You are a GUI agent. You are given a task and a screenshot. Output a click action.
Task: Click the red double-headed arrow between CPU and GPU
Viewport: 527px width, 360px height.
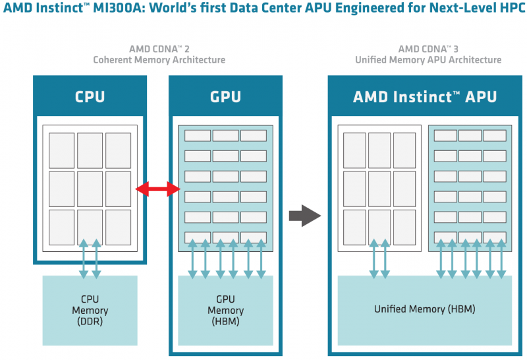point(158,190)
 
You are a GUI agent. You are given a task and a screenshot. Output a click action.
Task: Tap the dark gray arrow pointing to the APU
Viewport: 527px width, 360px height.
point(304,215)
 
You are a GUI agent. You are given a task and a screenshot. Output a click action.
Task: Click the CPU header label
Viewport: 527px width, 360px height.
point(90,97)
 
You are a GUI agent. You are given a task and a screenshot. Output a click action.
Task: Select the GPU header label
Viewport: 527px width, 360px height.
point(225,97)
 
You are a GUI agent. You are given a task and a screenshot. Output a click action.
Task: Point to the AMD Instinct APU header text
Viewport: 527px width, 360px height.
point(425,97)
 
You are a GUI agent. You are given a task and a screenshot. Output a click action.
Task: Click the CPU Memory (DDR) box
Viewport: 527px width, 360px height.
point(90,311)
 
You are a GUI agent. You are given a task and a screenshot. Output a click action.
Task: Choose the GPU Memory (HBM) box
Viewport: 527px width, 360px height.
point(225,311)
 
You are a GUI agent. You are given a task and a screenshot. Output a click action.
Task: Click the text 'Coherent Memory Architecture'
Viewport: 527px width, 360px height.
point(159,60)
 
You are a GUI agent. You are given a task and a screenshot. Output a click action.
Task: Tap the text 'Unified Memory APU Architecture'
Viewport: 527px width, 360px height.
point(428,60)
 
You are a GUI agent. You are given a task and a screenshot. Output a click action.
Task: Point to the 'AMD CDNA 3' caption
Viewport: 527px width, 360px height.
point(428,49)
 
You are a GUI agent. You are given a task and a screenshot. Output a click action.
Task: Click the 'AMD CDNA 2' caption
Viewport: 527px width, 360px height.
point(159,49)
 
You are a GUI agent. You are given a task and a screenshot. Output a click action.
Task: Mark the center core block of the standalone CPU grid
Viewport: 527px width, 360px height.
point(90,189)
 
